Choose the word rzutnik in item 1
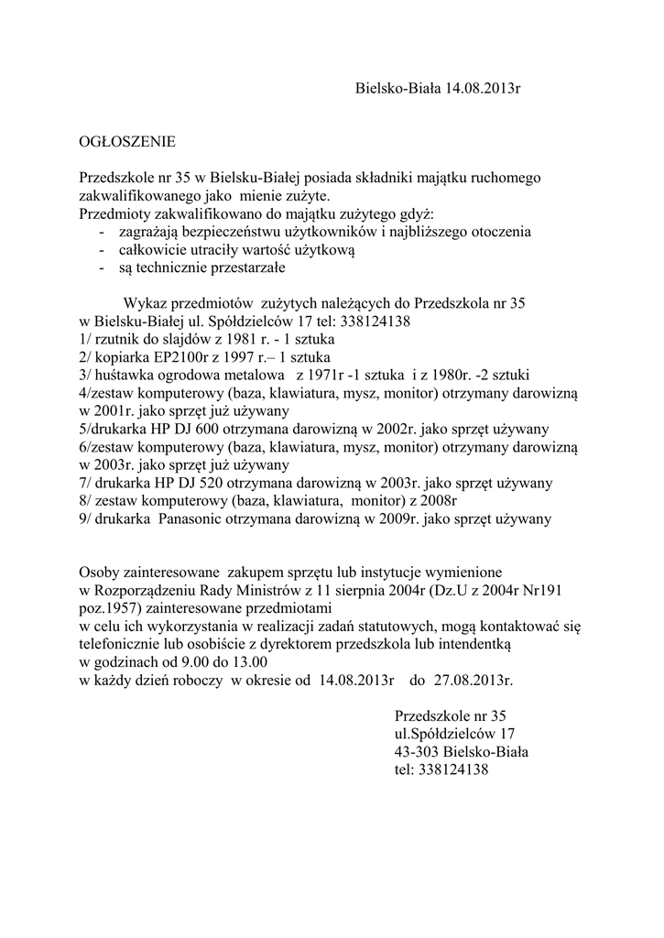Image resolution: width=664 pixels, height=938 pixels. pyautogui.click(x=116, y=339)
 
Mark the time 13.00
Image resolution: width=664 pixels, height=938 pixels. pyautogui.click(x=248, y=663)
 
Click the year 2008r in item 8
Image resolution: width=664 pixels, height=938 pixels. pyautogui.click(x=438, y=501)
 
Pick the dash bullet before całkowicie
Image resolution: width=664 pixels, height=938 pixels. pyautogui.click(x=100, y=250)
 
